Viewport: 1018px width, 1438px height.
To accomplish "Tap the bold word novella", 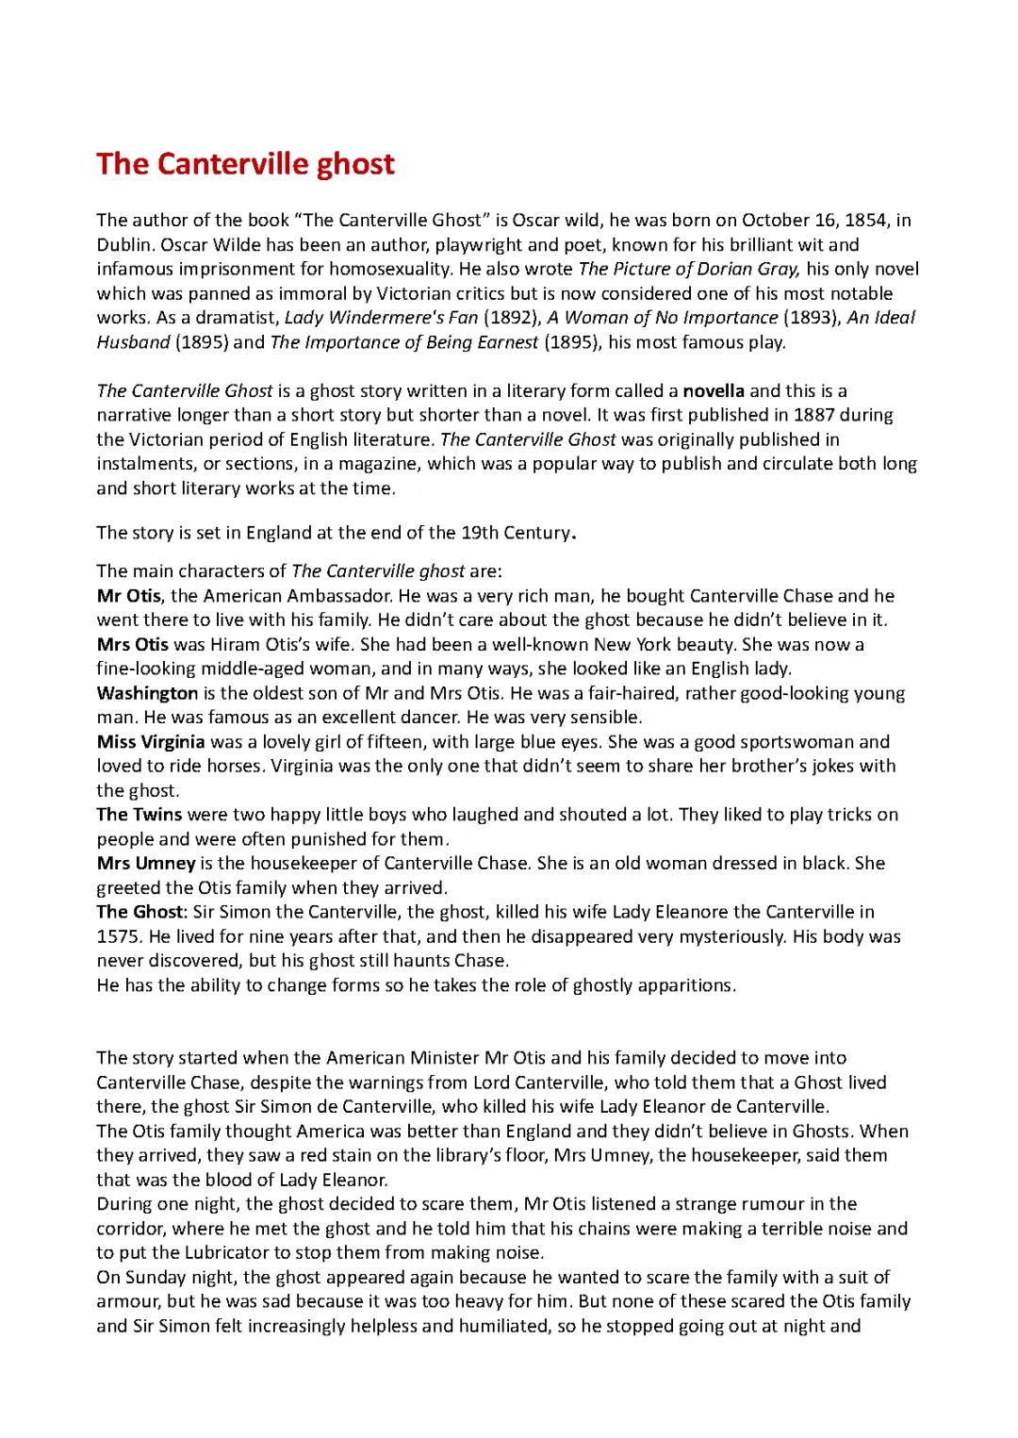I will click(714, 390).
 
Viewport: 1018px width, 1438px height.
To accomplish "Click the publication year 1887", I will click(813, 415).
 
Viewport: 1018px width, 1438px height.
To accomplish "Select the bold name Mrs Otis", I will click(133, 645).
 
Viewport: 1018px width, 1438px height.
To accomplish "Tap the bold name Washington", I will click(147, 693).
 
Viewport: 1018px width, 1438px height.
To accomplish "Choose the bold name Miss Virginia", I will click(151, 742).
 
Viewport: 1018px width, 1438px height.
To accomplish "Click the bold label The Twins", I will click(140, 815).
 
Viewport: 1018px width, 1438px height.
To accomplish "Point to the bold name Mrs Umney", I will click(146, 863).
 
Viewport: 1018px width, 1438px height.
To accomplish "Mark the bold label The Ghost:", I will click(142, 912).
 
